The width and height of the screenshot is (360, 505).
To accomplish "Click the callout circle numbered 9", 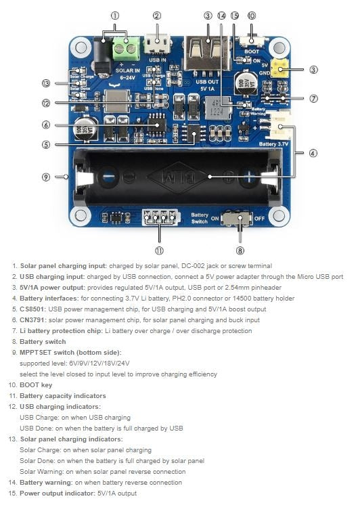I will (46, 177).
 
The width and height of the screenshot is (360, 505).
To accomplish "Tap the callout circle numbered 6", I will (46, 125).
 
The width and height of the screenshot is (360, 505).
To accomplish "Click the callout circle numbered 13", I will (46, 83).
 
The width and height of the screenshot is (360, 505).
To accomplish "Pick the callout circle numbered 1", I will (114, 15).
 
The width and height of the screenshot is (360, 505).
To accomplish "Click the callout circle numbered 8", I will (240, 250).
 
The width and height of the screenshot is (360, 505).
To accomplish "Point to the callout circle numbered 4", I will (313, 153).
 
